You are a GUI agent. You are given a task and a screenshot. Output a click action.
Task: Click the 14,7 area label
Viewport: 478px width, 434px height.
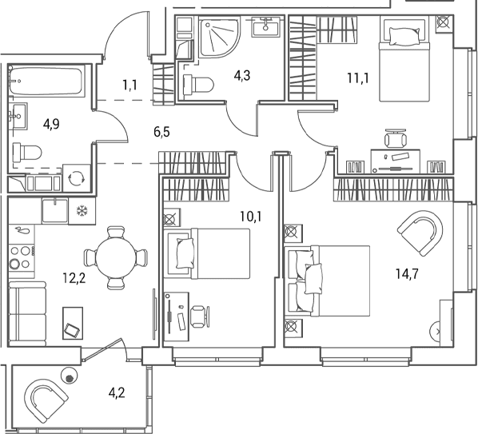point(408,274)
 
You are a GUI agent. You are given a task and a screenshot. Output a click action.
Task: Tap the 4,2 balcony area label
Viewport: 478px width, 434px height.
point(117,393)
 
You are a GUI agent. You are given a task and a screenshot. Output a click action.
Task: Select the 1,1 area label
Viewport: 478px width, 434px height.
point(129,85)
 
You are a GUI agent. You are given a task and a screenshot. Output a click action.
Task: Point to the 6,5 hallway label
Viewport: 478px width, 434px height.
point(162,133)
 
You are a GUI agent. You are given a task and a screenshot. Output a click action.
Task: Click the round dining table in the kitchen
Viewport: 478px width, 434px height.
point(116,257)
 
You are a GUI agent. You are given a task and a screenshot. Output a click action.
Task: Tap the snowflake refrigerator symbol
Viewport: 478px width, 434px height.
point(82,210)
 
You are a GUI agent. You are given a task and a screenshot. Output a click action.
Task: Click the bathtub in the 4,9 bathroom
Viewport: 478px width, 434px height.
point(46,81)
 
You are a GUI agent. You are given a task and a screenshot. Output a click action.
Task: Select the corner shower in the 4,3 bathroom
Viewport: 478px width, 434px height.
point(219,38)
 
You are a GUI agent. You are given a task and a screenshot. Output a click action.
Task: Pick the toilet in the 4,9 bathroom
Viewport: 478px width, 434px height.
point(27,153)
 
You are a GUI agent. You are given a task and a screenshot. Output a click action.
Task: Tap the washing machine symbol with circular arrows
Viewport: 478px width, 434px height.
point(76,178)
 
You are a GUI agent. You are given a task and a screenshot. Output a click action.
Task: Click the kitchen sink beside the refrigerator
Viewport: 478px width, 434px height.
point(55,210)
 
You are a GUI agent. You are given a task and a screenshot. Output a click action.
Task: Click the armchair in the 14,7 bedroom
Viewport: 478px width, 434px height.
point(420,233)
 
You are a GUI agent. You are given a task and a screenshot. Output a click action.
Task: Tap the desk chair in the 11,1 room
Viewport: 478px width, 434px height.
point(396,139)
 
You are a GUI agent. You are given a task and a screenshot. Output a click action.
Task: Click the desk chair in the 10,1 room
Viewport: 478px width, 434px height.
point(200,317)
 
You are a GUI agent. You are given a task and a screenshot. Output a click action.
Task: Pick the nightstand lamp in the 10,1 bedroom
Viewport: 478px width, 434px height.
point(172,217)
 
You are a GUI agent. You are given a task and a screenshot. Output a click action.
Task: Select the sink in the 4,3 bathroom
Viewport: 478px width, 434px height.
point(266,27)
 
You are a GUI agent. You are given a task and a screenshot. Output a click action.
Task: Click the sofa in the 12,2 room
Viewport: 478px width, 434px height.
point(27,313)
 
